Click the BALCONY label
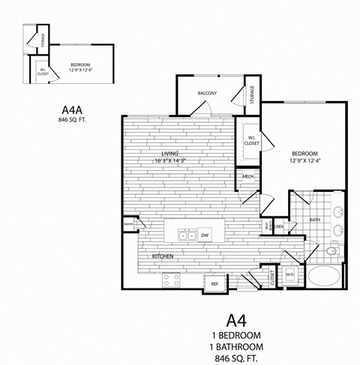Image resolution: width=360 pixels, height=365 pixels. coord(208,93)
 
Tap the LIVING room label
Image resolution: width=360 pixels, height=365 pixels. coord(159,154)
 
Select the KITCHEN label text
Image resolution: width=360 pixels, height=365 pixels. coord(163,256)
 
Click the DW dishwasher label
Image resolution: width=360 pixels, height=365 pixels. coord(204,235)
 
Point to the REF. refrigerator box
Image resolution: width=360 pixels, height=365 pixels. coord(214,284)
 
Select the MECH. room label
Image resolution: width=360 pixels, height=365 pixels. coord(247,178)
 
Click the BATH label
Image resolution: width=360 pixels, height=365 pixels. coord(315,220)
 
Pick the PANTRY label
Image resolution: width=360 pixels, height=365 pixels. coord(129,223)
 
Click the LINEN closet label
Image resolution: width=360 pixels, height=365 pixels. coord(277,226)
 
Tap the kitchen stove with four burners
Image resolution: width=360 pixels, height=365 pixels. coord(171,280)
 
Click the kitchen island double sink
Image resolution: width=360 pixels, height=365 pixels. coord(184,235)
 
